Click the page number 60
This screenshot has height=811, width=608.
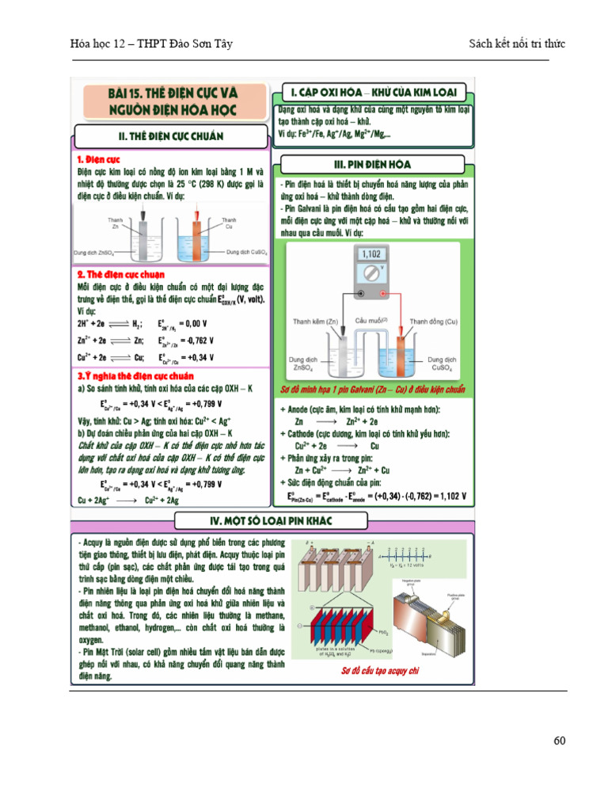[560, 741]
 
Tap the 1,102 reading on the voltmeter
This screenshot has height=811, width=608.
[370, 255]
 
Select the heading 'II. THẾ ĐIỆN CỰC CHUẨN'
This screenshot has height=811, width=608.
[171, 136]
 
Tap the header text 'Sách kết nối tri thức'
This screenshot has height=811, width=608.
[517, 44]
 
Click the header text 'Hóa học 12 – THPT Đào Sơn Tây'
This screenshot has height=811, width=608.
[151, 44]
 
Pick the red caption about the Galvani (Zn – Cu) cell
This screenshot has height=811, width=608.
[373, 390]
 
